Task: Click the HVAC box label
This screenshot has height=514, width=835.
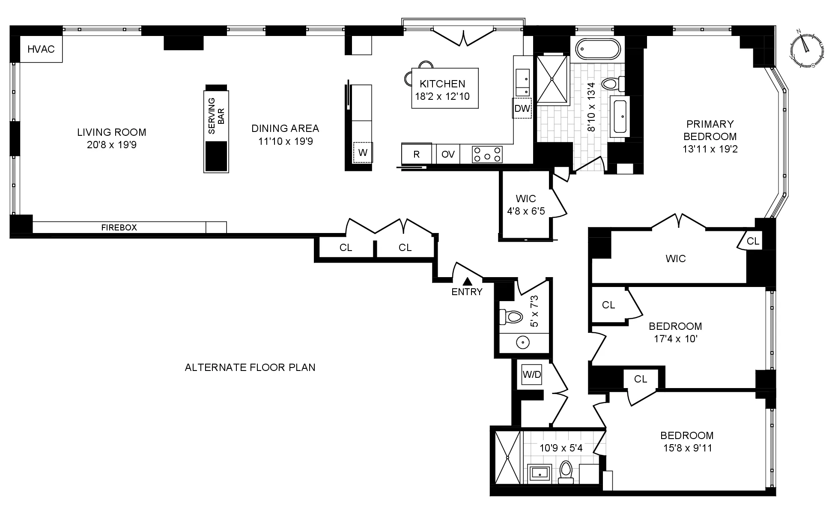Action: point(41,49)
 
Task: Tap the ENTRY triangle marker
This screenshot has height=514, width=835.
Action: point(468,281)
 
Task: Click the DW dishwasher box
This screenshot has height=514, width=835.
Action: point(522,108)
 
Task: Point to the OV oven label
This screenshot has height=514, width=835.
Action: point(448,154)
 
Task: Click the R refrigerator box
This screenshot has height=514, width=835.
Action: point(416,154)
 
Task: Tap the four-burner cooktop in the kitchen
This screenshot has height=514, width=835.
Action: point(487,154)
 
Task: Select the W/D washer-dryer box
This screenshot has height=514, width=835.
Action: point(531,375)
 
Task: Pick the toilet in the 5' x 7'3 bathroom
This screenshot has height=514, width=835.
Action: point(512,317)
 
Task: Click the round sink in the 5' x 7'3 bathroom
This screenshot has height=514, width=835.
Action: point(522,343)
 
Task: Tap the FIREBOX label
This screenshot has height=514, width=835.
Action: point(119,227)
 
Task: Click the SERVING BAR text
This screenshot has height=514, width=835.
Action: point(216,116)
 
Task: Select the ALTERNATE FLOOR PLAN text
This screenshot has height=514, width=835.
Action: point(250,368)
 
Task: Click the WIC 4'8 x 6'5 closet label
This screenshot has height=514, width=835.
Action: point(526,205)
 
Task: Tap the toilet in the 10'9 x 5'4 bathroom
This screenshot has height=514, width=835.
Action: point(566,471)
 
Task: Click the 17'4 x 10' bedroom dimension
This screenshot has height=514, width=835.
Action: point(675,339)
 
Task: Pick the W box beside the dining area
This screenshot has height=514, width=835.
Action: point(363,152)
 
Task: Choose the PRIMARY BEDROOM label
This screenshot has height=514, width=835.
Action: point(710,130)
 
